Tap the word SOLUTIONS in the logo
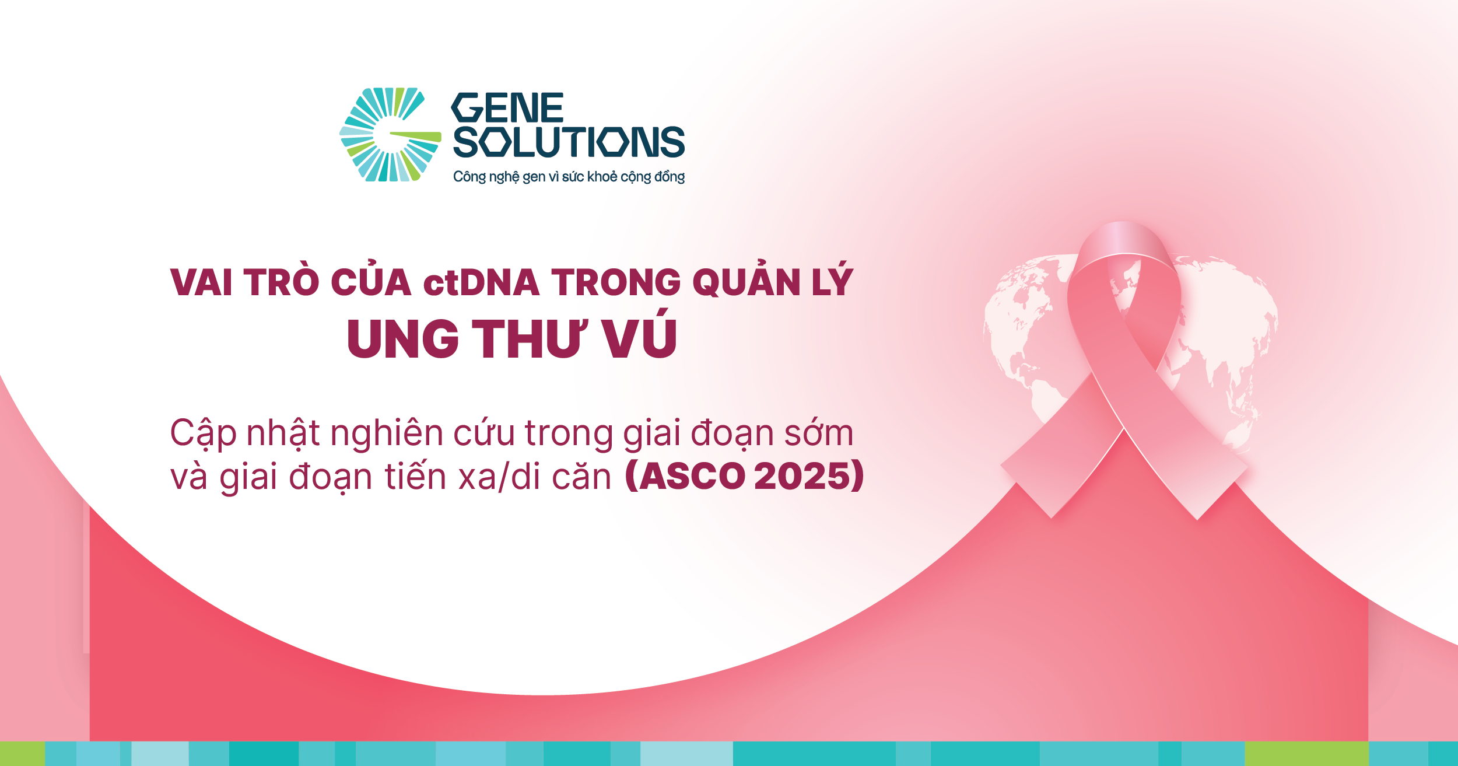569,142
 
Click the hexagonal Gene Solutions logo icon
390,135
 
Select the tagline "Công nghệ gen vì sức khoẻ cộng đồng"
569,177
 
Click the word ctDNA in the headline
481,283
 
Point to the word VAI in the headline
201,283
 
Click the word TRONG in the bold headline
616,283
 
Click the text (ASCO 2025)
744,476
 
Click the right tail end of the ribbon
1222,493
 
